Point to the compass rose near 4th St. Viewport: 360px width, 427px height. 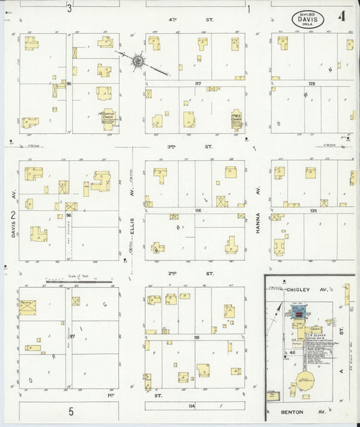coord(138,61)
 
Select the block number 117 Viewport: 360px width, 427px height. coord(198,83)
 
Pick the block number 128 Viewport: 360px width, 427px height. coord(312,83)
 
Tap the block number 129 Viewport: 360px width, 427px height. coord(313,211)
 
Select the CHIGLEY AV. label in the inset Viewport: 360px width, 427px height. coord(298,289)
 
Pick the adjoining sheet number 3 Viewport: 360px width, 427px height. coord(70,9)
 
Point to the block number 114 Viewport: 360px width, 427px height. coord(192,405)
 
